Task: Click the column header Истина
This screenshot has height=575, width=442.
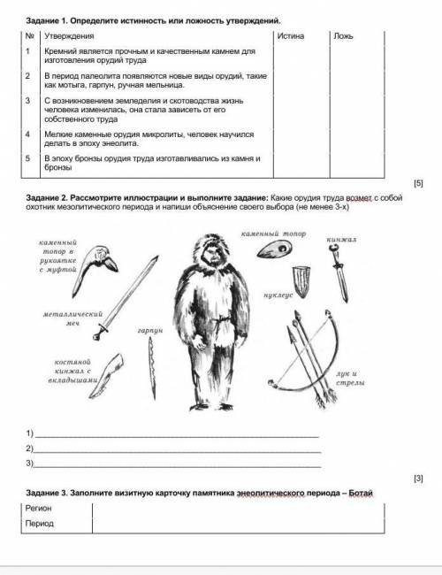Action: coord(290,36)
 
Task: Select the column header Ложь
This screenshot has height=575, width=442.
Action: coord(345,36)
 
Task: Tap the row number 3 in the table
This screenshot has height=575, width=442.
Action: coord(28,102)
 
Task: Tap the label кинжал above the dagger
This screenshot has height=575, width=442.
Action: coord(339,240)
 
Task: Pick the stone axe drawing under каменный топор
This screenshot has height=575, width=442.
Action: coord(275,249)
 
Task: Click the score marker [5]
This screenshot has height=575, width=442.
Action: coord(419,183)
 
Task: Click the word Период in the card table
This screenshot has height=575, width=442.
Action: coord(39,523)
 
